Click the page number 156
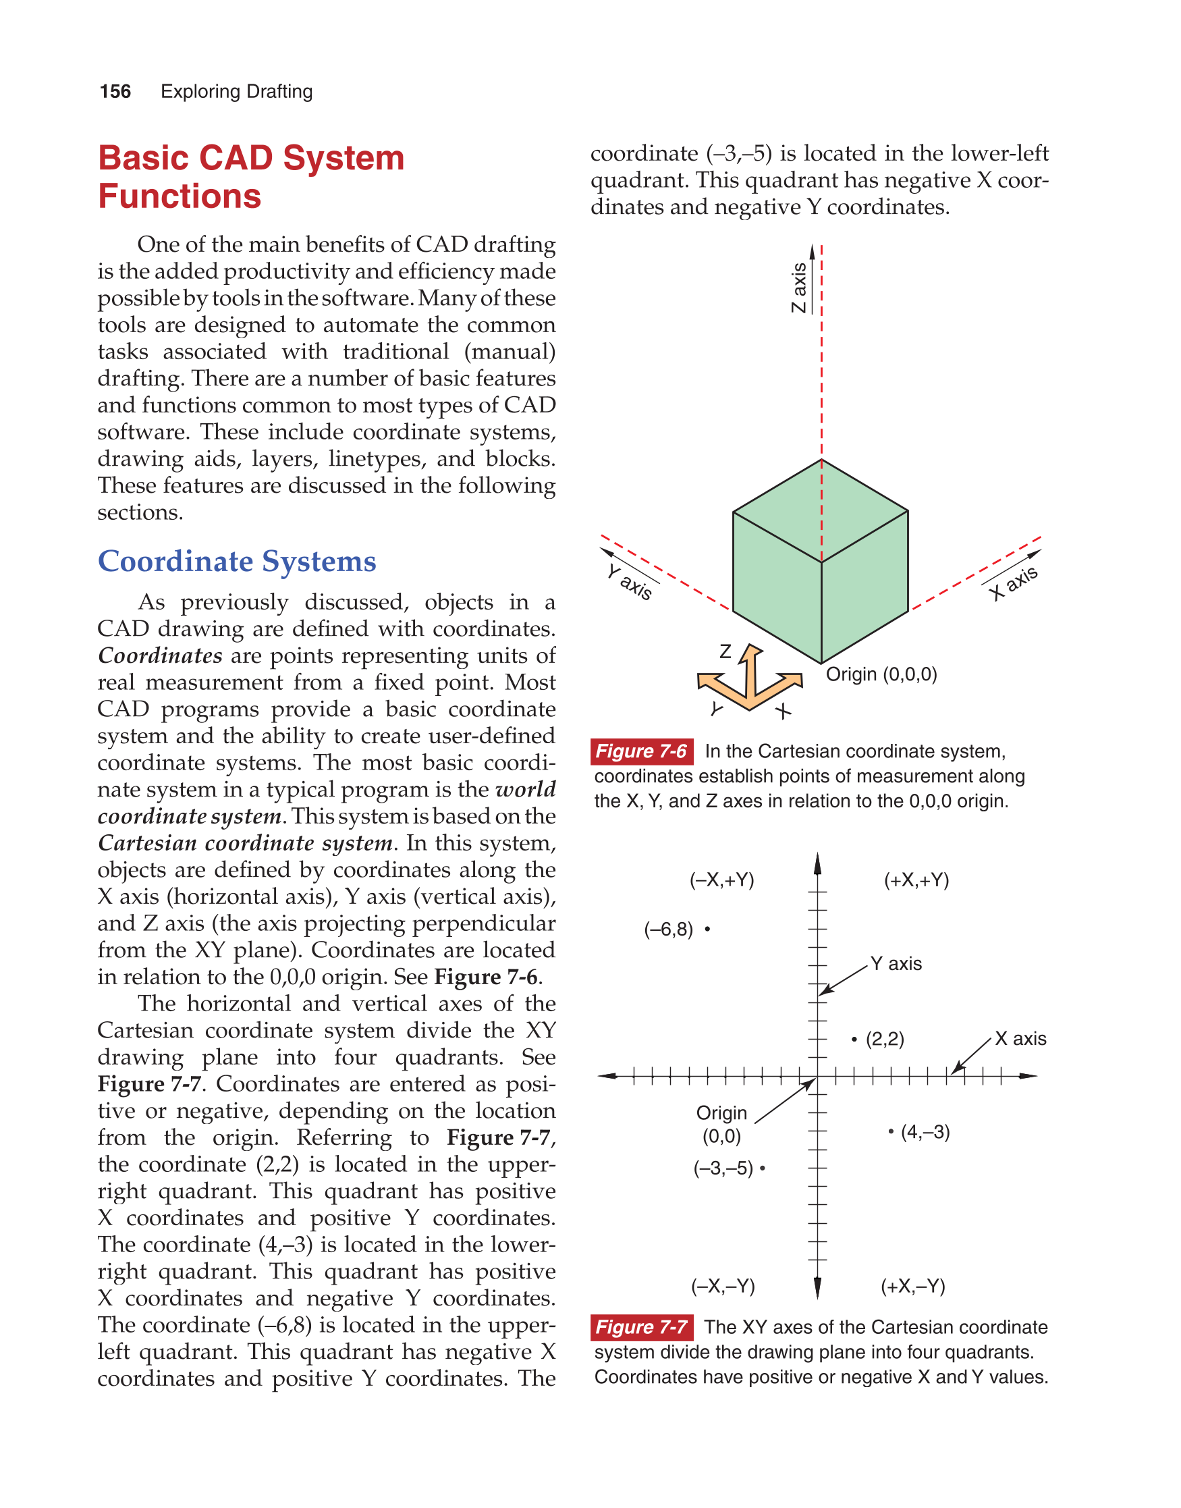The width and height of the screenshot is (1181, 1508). (x=115, y=92)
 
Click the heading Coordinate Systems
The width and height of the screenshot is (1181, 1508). (x=236, y=562)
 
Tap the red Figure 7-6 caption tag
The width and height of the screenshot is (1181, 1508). (x=641, y=751)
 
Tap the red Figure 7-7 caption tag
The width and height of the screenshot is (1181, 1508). (x=641, y=1328)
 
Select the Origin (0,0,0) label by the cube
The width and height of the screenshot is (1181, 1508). (x=881, y=674)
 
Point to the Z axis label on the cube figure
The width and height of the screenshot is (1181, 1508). (x=798, y=288)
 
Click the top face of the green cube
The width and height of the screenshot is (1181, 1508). (x=821, y=512)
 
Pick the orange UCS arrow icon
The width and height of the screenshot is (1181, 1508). (x=750, y=680)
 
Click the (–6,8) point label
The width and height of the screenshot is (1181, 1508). (x=668, y=930)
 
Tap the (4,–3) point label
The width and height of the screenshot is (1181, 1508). (x=925, y=1133)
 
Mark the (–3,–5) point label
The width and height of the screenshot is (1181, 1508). (x=723, y=1168)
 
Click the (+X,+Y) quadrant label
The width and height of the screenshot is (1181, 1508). (x=916, y=880)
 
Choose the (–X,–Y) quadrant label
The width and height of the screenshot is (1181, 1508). (x=723, y=1286)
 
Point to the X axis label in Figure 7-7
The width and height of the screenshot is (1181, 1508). (x=1020, y=1038)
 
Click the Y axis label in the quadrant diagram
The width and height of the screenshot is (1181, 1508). (x=896, y=964)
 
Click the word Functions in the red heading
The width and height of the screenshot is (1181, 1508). (x=180, y=196)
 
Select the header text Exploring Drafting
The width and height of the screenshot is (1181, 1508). (x=236, y=92)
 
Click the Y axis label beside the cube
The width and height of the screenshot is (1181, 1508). (x=629, y=582)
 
